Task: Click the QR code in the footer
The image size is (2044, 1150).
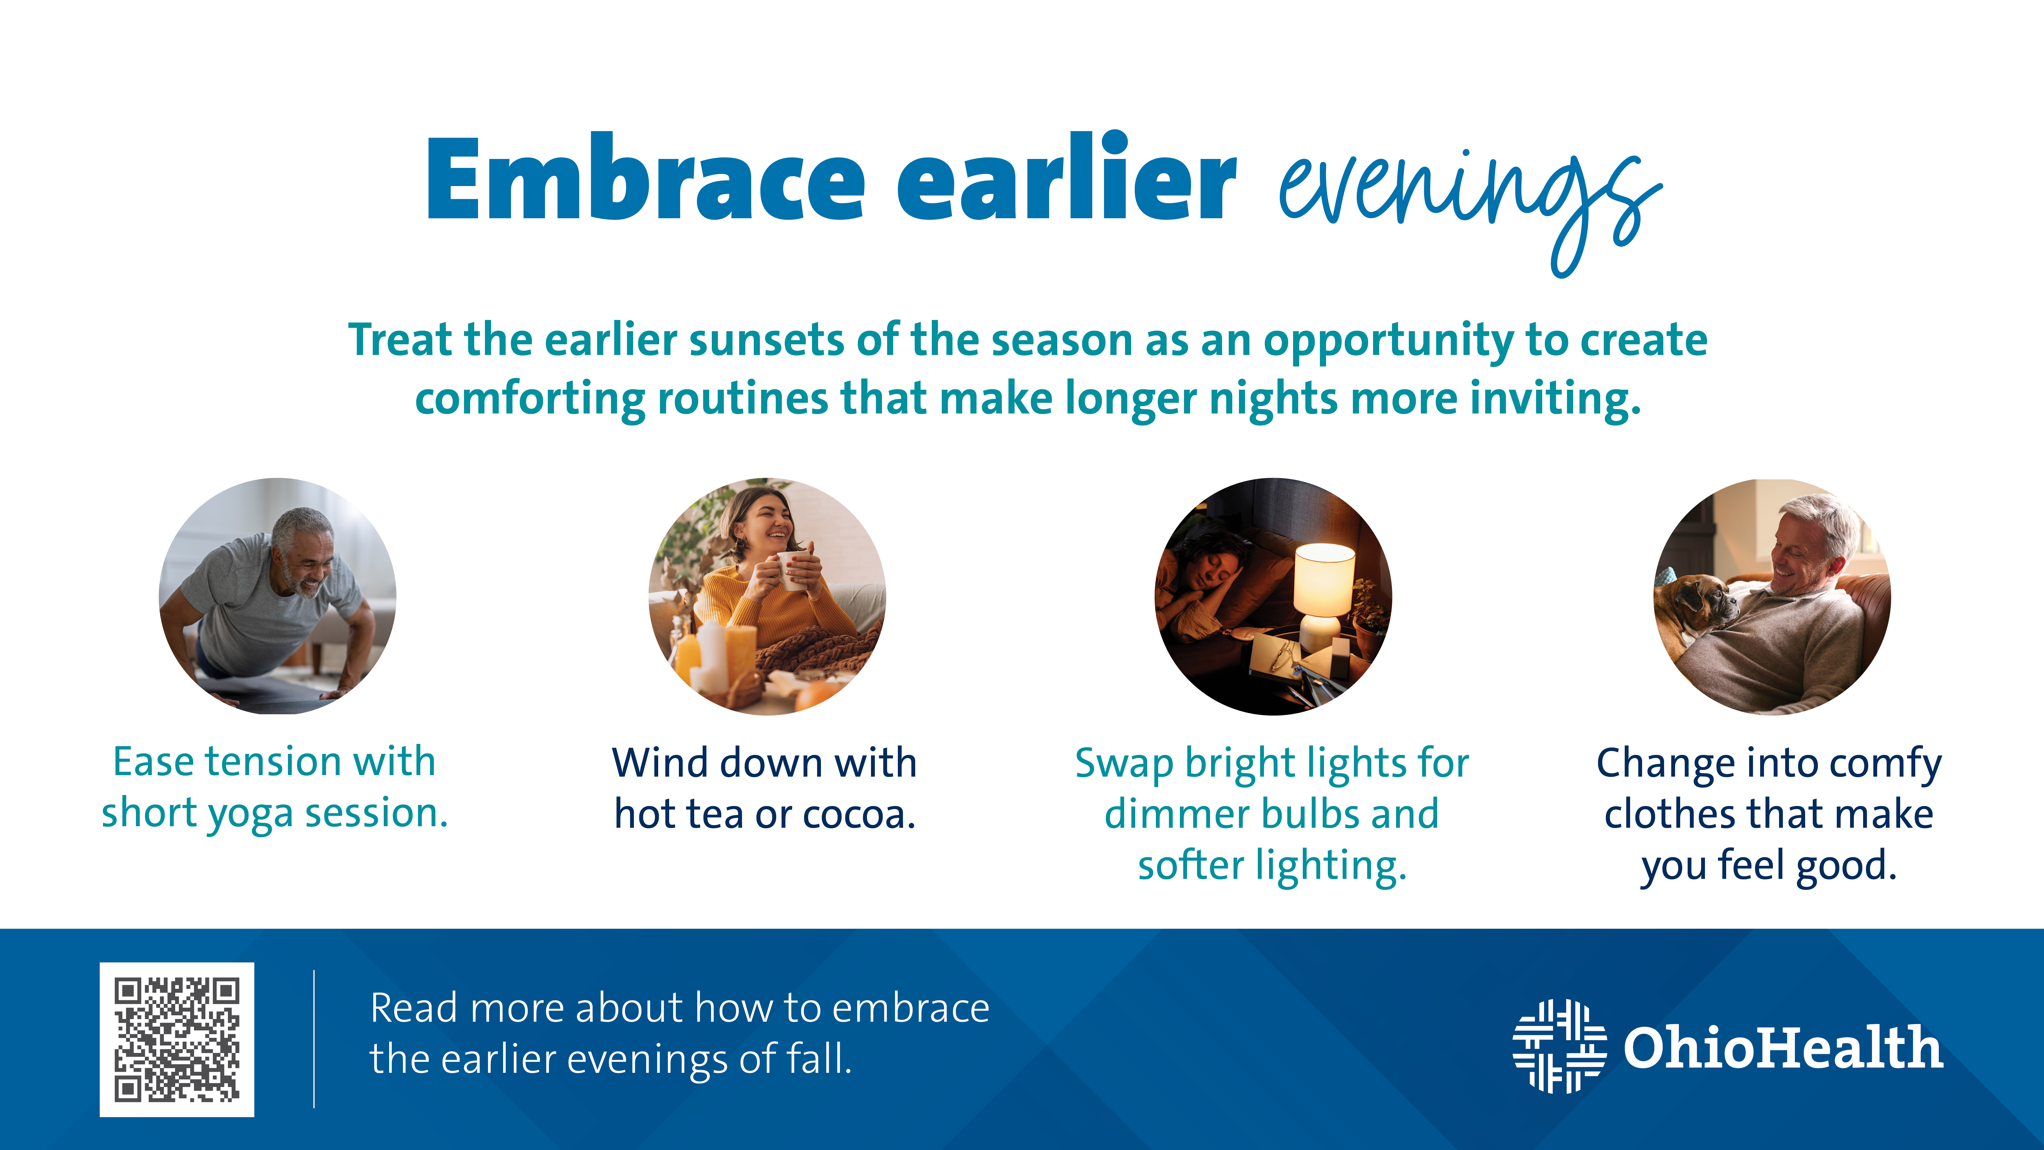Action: click(x=177, y=1040)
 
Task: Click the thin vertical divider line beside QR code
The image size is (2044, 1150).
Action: click(x=314, y=1039)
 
